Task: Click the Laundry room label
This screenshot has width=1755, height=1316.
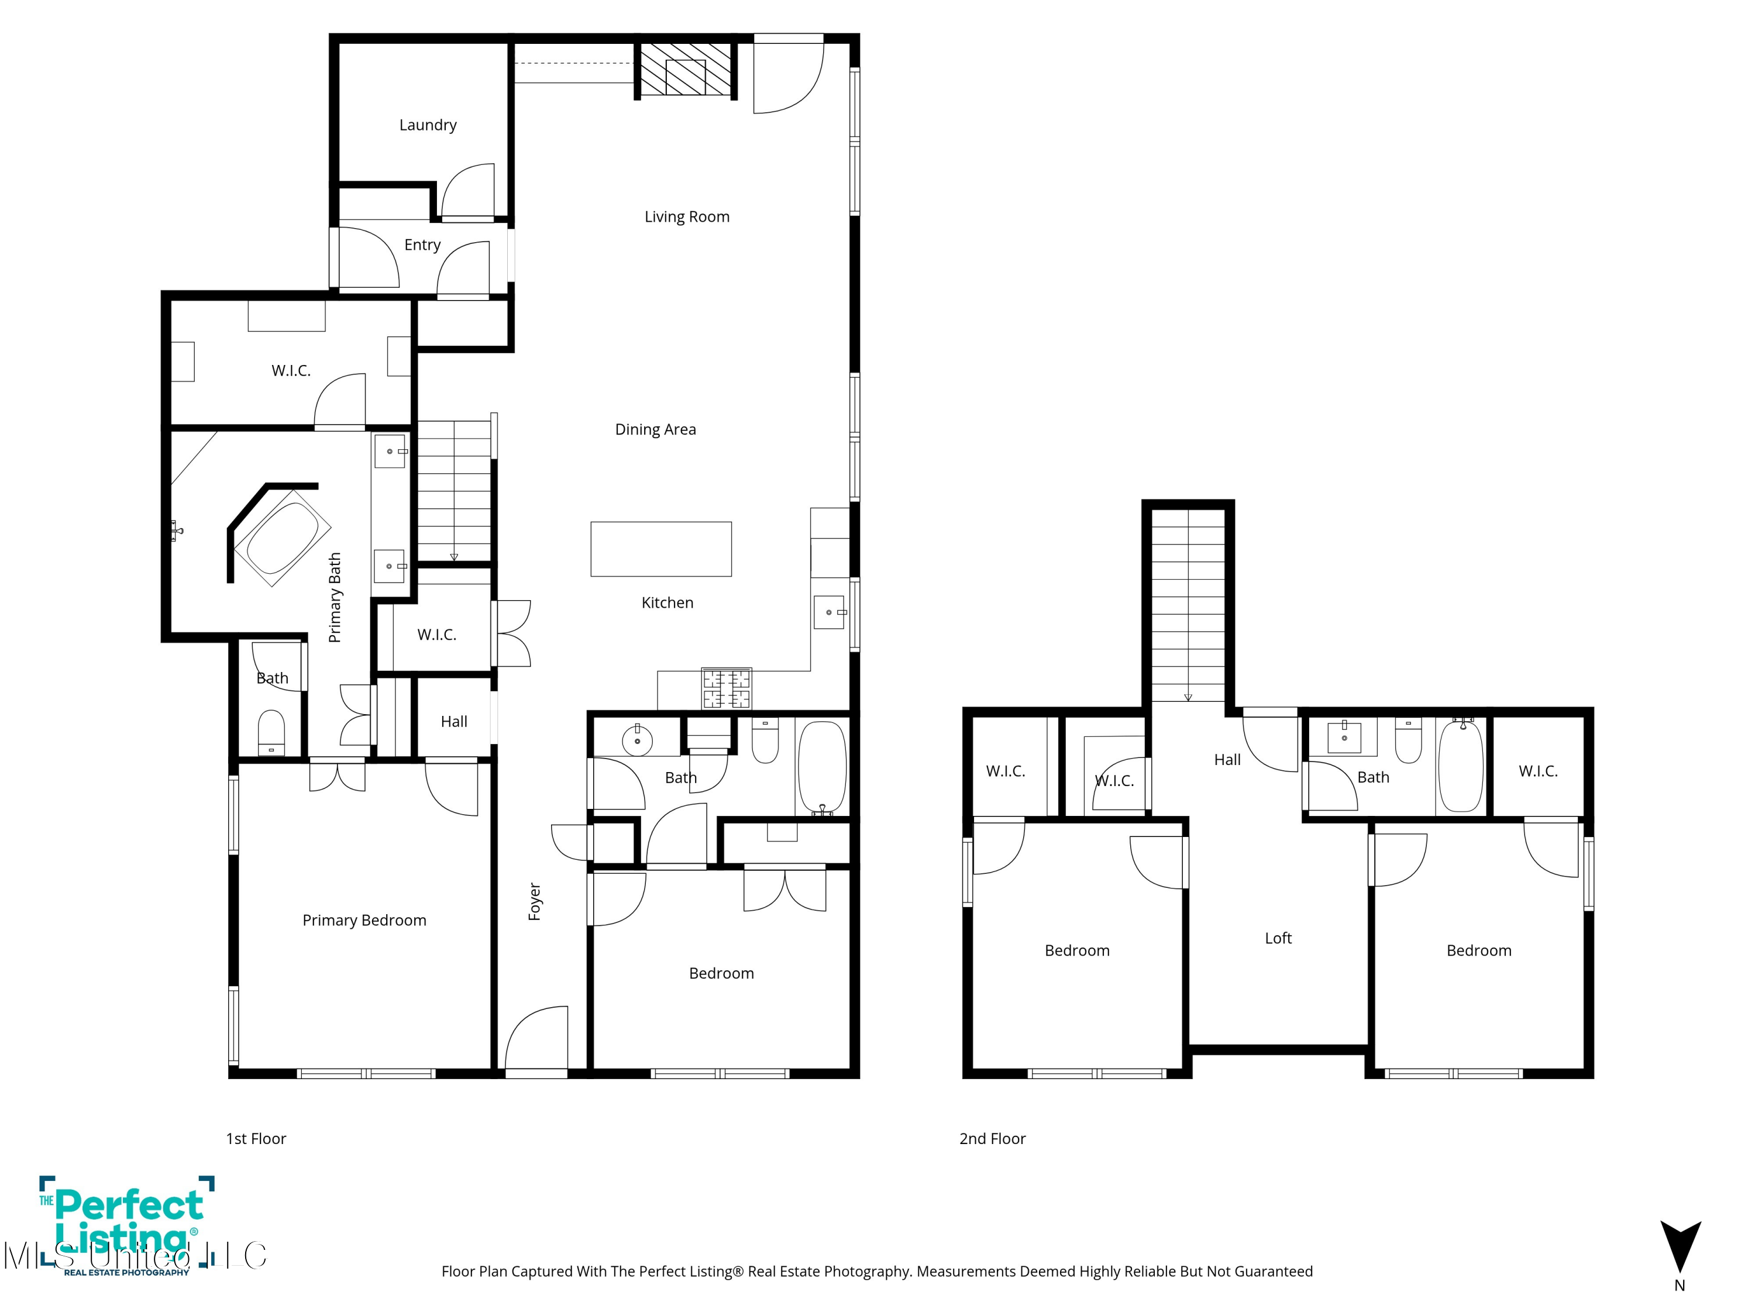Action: point(428,125)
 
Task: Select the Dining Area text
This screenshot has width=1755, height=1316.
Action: point(655,429)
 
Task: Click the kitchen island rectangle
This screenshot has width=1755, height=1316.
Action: point(661,549)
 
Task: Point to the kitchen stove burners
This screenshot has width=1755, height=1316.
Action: point(726,688)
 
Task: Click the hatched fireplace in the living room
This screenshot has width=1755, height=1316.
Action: point(686,70)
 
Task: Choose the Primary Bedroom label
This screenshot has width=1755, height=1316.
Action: point(364,920)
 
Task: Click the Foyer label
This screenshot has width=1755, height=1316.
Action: point(535,901)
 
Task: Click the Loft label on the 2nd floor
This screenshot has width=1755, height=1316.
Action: point(1278,938)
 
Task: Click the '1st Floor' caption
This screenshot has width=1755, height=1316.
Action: point(256,1139)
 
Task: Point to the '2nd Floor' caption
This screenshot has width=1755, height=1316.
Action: point(993,1139)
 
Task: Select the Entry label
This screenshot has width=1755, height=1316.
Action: point(422,245)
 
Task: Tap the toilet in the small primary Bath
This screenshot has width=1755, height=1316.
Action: point(271,732)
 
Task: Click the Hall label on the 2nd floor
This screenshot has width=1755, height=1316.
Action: point(1227,760)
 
